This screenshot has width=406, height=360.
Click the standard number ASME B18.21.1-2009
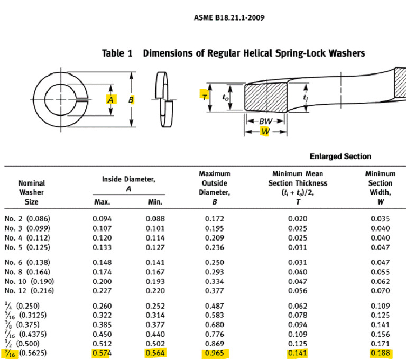pos(228,17)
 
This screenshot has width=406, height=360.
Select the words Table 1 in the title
pos(116,53)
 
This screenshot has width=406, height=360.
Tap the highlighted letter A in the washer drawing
pos(110,99)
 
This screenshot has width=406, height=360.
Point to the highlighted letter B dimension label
pos(131,99)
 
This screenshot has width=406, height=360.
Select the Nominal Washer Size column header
pos(32,192)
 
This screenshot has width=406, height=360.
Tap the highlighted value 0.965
pos(214,352)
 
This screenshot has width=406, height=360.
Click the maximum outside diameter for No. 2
pos(214,218)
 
